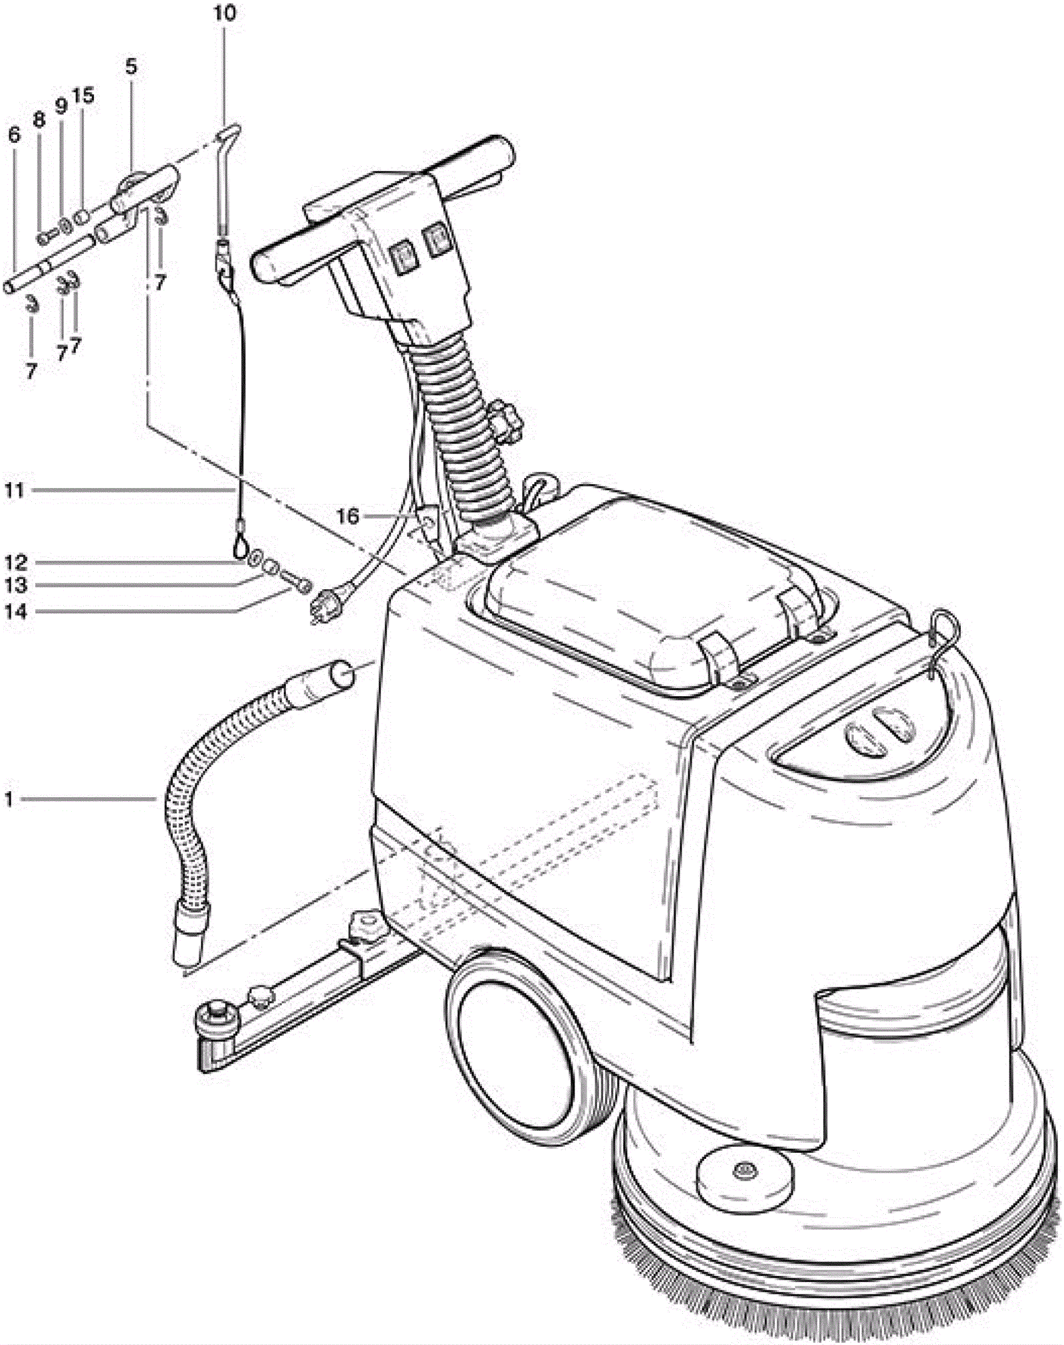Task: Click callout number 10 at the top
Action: pos(225,13)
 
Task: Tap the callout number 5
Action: pos(130,66)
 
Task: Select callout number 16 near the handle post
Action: pos(347,516)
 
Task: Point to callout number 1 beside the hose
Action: pos(9,798)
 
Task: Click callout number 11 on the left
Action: pos(15,491)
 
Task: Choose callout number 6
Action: pos(14,135)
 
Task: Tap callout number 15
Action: pos(84,96)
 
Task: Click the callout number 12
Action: pos(16,563)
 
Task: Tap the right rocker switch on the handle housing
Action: pos(437,241)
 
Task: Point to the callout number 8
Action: pos(39,120)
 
